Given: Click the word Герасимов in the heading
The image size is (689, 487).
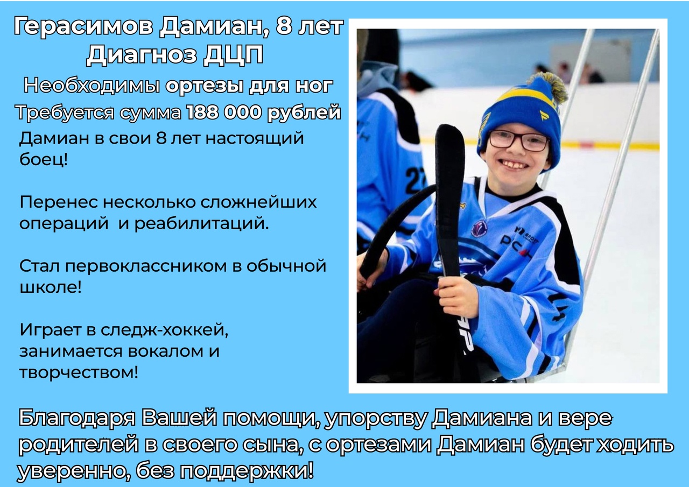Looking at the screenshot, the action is click(83, 27).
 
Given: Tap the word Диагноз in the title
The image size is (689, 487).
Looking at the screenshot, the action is click(142, 55).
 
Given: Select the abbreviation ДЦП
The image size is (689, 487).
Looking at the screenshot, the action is click(234, 55).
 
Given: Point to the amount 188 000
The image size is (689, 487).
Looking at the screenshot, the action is click(224, 112).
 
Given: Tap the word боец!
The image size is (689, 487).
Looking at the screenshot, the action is click(44, 159).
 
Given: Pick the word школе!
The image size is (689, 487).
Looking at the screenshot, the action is click(51, 287).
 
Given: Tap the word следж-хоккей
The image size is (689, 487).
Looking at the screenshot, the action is click(165, 330).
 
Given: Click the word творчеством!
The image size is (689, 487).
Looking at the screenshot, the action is click(79, 372).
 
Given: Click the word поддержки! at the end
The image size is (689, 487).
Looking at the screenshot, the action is click(247, 472).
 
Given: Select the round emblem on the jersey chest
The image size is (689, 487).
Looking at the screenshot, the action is click(480, 228).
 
